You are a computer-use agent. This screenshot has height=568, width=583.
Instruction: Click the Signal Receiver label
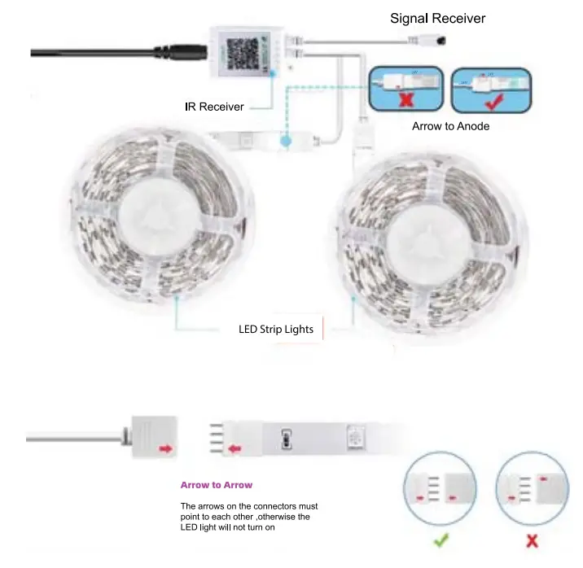tap(439, 18)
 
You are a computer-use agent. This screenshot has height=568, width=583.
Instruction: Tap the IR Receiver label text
tap(214, 107)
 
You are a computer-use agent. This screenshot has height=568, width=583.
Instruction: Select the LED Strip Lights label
tap(275, 330)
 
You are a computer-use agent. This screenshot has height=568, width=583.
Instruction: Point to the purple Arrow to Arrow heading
tap(217, 485)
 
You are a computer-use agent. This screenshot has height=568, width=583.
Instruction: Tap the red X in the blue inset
tap(404, 99)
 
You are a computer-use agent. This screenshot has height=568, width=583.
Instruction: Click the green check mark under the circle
tap(439, 540)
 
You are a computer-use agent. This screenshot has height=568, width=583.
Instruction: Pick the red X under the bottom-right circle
tap(533, 540)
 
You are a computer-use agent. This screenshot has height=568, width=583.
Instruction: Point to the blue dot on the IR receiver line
tap(286, 142)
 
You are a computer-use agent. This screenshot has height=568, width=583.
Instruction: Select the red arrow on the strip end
tap(234, 447)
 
